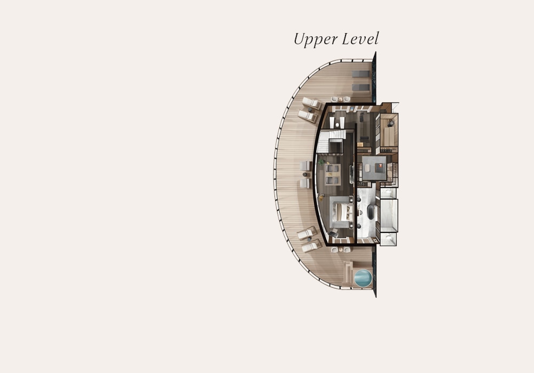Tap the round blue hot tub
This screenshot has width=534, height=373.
[x=363, y=278]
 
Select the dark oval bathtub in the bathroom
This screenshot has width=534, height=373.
[x=371, y=212]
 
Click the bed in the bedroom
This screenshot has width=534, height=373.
[x=342, y=212]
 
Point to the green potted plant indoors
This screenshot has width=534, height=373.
[x=321, y=162]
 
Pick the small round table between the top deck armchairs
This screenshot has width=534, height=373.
[x=340, y=99]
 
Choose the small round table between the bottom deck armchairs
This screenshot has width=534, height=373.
[x=341, y=250]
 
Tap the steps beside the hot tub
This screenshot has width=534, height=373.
[x=348, y=272]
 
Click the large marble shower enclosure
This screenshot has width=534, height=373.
[x=389, y=215]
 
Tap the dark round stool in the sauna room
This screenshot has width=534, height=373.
[x=391, y=124]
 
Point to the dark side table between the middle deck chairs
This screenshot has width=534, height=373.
[x=305, y=175]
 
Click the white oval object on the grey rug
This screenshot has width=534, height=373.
[x=367, y=168]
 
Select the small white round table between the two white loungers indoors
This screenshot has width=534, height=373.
[x=337, y=125]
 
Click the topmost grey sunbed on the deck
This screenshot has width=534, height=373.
[x=360, y=74]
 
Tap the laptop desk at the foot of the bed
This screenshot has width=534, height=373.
[x=333, y=232]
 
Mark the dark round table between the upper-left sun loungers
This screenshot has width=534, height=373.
[x=310, y=110]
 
